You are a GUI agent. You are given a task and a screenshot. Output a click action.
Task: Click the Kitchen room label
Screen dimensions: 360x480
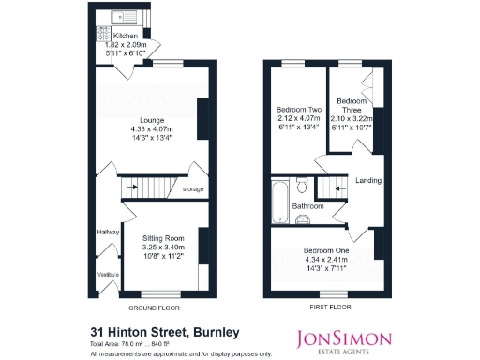[126, 37]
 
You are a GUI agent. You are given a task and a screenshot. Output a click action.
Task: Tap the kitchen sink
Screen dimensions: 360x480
[123, 17]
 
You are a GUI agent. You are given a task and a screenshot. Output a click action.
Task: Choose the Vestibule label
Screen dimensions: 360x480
[108, 274]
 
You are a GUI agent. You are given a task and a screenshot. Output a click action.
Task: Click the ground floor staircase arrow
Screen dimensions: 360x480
[132, 187]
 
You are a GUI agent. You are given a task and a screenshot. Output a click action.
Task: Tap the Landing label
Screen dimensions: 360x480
[367, 180]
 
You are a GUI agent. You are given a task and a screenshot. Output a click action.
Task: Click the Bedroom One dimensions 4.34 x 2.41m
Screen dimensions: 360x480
[323, 260]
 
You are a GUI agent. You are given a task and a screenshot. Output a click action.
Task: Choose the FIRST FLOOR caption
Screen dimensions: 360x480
[327, 307]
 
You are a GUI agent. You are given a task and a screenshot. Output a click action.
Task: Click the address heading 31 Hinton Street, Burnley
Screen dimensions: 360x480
[165, 331]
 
